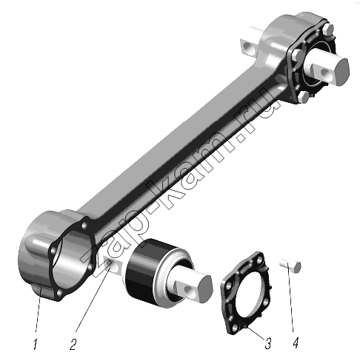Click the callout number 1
36,344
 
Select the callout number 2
73,344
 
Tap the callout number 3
268,343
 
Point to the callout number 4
296,343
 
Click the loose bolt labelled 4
290,266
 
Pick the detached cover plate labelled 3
245,292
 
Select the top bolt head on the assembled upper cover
327,29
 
